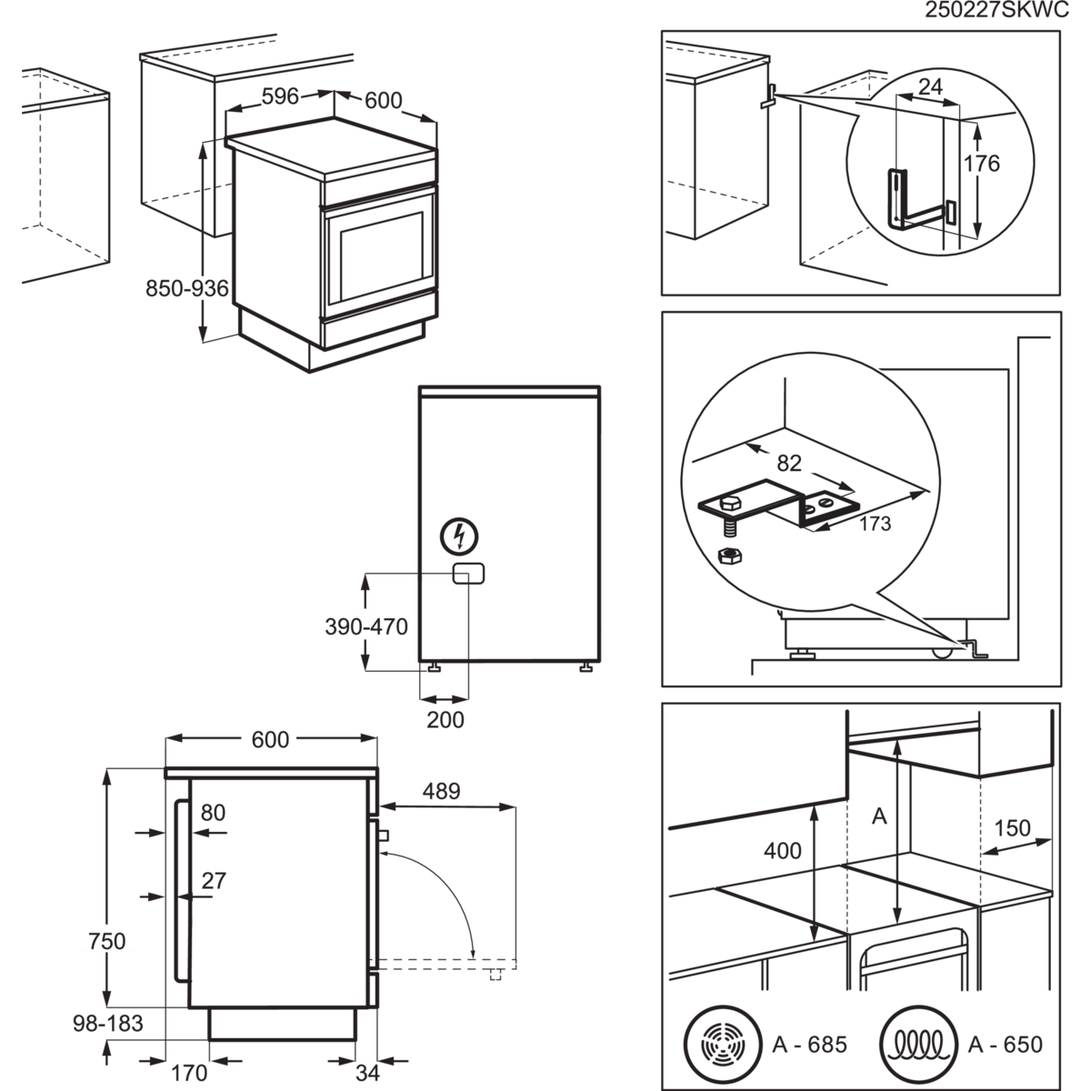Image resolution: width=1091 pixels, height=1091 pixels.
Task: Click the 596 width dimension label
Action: (280, 98)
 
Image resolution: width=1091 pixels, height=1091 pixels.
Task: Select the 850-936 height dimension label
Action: (186, 289)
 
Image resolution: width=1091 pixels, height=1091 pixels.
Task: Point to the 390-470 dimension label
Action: (366, 626)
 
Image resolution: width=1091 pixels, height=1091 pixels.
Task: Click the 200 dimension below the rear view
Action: (445, 720)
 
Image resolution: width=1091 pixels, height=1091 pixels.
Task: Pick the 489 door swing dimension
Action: (441, 791)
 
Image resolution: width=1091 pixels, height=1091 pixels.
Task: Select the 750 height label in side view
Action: (107, 938)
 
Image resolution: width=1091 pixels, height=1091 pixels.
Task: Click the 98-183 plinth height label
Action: (108, 1024)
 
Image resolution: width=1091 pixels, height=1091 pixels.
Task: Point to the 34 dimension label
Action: (367, 1072)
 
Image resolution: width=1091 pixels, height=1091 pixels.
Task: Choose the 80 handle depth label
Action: (213, 812)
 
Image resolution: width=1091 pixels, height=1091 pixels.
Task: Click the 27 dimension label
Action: (214, 880)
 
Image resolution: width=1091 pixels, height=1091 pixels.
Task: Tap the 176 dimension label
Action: (981, 164)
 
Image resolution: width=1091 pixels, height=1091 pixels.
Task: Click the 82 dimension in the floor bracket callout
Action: (789, 463)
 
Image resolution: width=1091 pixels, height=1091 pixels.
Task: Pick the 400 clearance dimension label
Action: (782, 851)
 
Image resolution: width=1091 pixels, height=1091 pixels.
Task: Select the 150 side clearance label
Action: (1012, 828)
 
